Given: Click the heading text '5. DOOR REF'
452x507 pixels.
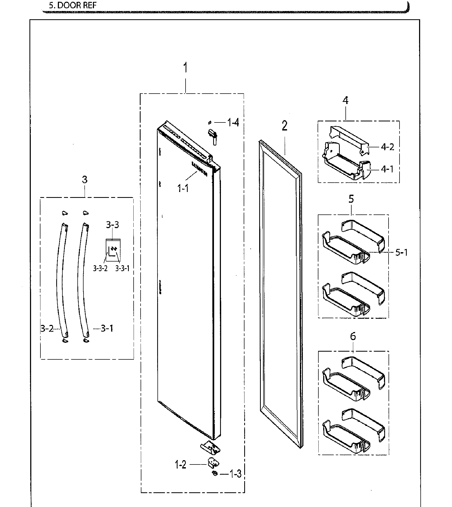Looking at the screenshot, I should coord(73,5).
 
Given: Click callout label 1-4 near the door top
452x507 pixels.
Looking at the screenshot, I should coord(233,123).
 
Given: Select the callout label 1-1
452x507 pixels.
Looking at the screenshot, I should coord(183,189).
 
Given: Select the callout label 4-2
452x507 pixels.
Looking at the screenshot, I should coord(387,147).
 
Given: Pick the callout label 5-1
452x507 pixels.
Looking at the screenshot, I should coord(401,252).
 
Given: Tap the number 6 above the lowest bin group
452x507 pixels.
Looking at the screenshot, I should coord(353,336).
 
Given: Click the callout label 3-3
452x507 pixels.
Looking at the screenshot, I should coord(112,225).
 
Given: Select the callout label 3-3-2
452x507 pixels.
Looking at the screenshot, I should coord(100,268).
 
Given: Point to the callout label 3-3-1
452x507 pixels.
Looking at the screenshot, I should coord(122,268).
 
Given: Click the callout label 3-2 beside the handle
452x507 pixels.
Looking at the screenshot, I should coord(47,328).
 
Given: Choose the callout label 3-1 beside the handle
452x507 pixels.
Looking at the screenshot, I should coord(107,328).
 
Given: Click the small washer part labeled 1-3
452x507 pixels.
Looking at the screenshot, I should coord(214,474).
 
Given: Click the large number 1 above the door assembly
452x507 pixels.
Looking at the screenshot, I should coord(185,68).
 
